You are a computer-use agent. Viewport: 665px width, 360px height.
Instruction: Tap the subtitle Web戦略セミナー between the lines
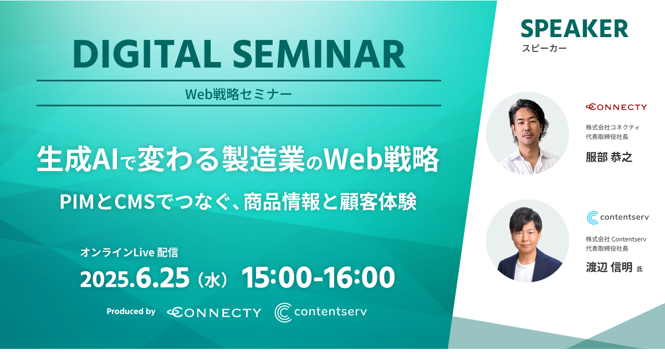pyautogui.click(x=239, y=94)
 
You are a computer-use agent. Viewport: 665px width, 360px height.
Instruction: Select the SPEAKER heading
pyautogui.click(x=575, y=29)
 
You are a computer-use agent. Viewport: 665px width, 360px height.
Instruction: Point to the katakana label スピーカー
pyautogui.click(x=544, y=48)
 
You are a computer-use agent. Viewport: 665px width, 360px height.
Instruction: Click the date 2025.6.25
pyautogui.click(x=135, y=278)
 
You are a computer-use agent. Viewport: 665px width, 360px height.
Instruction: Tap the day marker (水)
pyautogui.click(x=213, y=280)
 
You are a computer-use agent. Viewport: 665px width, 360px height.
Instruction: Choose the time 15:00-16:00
pyautogui.click(x=318, y=277)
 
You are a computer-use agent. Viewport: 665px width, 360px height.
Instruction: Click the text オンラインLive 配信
pyautogui.click(x=129, y=253)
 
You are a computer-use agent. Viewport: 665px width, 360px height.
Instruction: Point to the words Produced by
pyautogui.click(x=131, y=311)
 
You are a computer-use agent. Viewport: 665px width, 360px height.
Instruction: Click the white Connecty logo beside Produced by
pyautogui.click(x=214, y=312)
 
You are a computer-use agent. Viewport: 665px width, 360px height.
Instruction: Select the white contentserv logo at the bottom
pyautogui.click(x=321, y=312)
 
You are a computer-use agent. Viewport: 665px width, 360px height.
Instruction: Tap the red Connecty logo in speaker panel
pyautogui.click(x=616, y=107)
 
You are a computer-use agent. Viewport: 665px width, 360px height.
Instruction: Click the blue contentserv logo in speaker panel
pyautogui.click(x=618, y=218)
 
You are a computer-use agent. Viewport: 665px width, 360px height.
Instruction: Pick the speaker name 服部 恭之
pyautogui.click(x=609, y=157)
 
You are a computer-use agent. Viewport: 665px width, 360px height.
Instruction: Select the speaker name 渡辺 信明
pyautogui.click(x=609, y=268)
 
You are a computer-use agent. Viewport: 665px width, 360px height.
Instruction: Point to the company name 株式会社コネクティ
pyautogui.click(x=612, y=127)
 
